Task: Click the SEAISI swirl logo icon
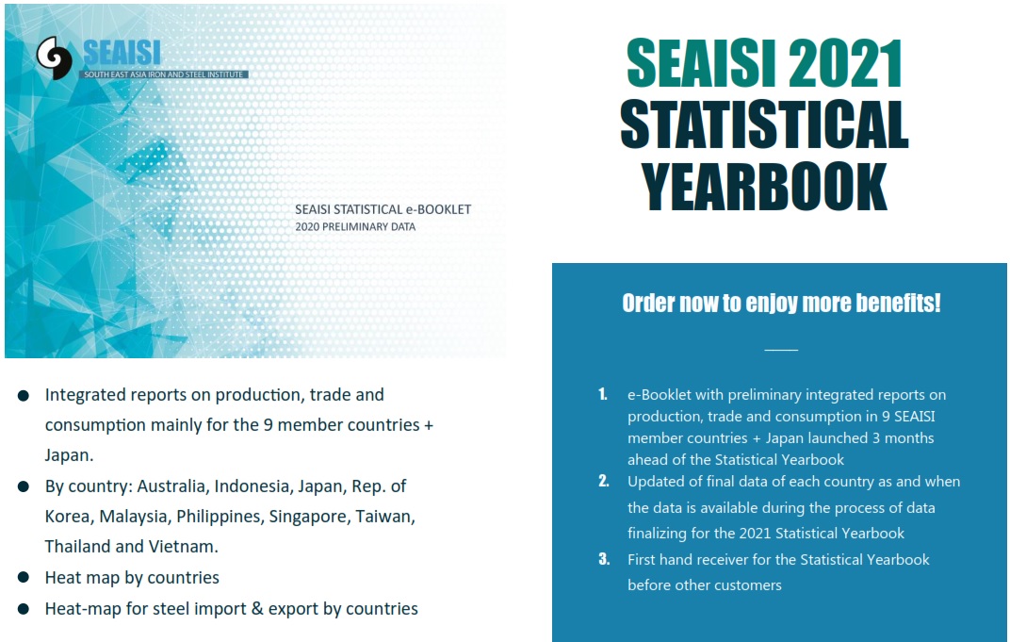coord(54,58)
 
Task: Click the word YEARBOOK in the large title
coord(764,187)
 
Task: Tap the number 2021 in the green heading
coord(845,63)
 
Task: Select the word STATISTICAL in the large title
coord(764,124)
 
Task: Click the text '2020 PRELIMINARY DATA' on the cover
coord(355,227)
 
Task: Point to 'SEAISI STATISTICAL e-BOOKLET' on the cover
coord(383,209)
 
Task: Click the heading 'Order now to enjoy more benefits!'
coord(781,303)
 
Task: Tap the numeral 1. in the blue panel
coord(603,394)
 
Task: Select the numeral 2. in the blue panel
coord(604,481)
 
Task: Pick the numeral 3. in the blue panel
coord(604,559)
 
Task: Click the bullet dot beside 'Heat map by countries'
coord(24,578)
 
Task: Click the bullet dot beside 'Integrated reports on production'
coord(24,395)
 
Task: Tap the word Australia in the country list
coord(172,486)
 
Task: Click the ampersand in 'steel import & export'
coord(257,608)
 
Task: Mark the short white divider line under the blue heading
coord(781,350)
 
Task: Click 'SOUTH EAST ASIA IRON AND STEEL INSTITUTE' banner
coord(164,74)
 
